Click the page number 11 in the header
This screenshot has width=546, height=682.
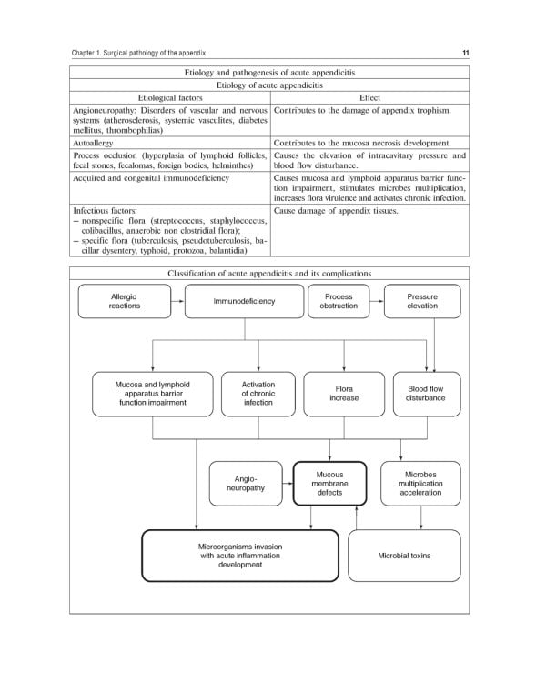pyautogui.click(x=465, y=53)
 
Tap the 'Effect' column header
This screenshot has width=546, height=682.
pyautogui.click(x=369, y=97)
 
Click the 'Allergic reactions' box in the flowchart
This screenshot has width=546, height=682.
pyautogui.click(x=125, y=301)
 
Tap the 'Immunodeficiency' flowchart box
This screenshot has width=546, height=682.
pyautogui.click(x=244, y=301)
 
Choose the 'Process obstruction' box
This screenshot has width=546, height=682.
pyautogui.click(x=339, y=301)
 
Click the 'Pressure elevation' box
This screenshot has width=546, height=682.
pyautogui.click(x=422, y=301)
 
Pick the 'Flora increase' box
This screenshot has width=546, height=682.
pyautogui.click(x=344, y=393)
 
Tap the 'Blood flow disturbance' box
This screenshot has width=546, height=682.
pyautogui.click(x=426, y=393)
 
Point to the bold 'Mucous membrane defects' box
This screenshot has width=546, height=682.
pyautogui.click(x=329, y=482)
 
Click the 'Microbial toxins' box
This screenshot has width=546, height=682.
pyautogui.click(x=404, y=555)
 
